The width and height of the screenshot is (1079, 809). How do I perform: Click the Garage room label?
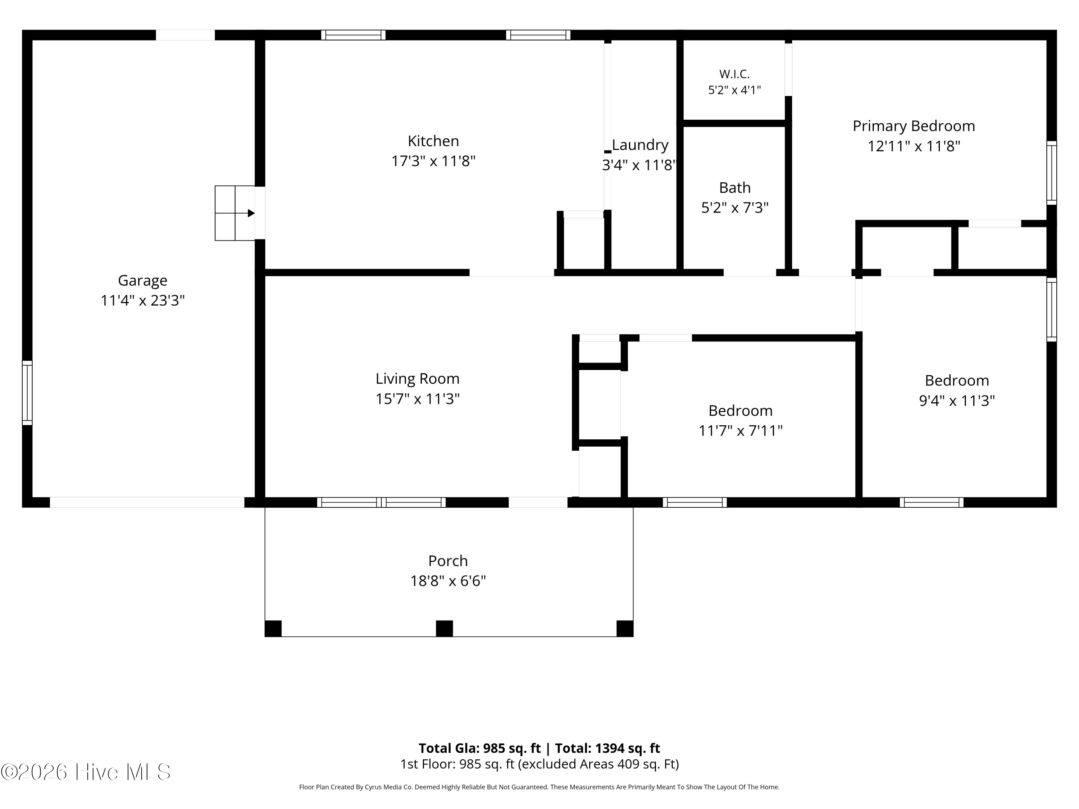[x=142, y=281]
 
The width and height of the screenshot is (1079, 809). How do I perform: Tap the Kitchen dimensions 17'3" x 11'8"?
[x=433, y=161]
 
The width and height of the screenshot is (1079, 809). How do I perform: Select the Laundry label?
[x=640, y=145]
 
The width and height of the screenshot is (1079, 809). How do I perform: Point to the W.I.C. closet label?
[x=734, y=74]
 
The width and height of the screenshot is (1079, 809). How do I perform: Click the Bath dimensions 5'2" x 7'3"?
[x=734, y=208]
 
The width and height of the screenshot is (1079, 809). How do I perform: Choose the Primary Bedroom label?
[x=914, y=126]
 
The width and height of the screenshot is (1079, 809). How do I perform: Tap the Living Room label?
[x=418, y=379]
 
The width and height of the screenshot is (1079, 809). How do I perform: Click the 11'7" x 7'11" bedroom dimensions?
[x=741, y=431]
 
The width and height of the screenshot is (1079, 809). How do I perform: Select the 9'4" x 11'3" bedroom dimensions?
[x=957, y=400]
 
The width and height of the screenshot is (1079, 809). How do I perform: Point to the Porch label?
[x=448, y=561]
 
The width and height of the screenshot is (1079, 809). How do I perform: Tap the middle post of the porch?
[x=444, y=629]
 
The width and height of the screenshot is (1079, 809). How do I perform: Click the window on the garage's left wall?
[x=27, y=393]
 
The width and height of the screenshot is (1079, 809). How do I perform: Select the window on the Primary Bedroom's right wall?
[x=1052, y=173]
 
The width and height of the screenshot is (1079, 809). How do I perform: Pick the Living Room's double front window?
[x=382, y=502]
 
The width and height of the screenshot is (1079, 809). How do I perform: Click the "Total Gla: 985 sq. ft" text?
[x=479, y=748]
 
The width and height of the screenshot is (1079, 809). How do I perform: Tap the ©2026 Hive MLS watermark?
[x=86, y=772]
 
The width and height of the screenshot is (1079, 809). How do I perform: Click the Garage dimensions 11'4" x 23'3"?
[x=142, y=300]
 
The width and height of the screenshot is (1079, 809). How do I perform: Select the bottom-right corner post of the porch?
[x=625, y=629]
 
